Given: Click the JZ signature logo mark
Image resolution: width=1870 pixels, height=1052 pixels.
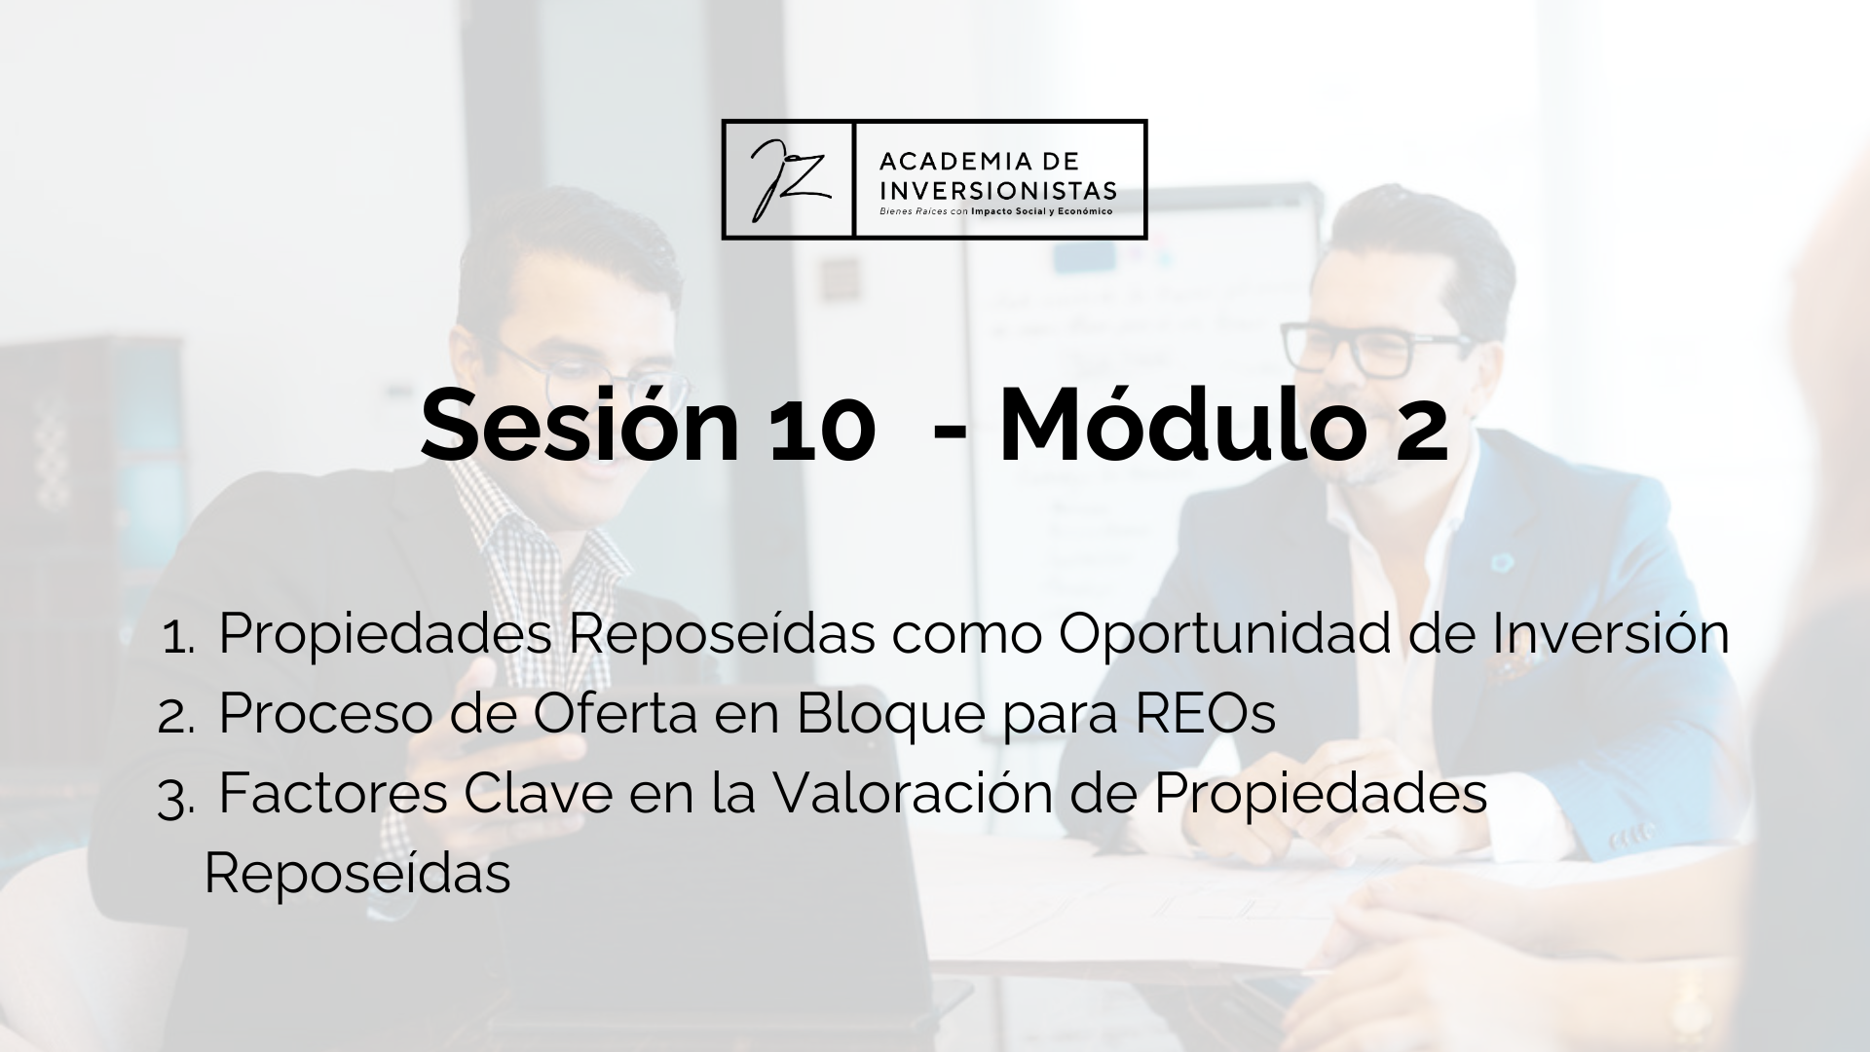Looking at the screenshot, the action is pyautogui.click(x=788, y=179).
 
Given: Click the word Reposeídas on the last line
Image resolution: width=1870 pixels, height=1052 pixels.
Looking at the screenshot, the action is pyautogui.click(x=357, y=874).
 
